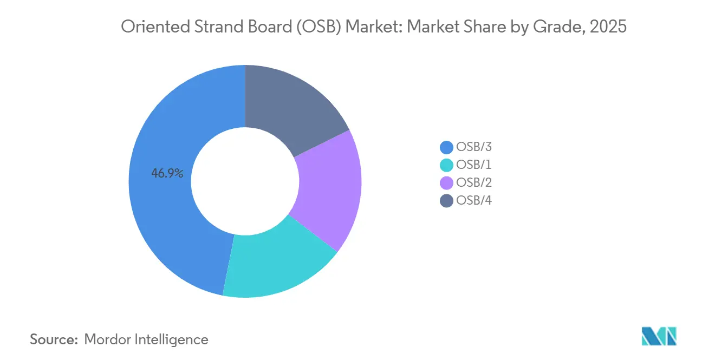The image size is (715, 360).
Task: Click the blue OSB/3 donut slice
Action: pyautogui.click(x=162, y=217)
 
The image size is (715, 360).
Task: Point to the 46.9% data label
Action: pyautogui.click(x=167, y=174)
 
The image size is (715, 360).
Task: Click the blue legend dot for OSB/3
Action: pyautogui.click(x=447, y=147)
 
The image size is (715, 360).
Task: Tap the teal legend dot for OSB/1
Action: pyautogui.click(x=447, y=165)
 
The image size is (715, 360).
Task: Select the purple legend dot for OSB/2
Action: pyautogui.click(x=447, y=183)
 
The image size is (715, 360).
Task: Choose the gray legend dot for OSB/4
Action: pyautogui.click(x=447, y=201)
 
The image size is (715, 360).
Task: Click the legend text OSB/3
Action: pyautogui.click(x=474, y=147)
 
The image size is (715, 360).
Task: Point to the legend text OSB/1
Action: pyautogui.click(x=474, y=165)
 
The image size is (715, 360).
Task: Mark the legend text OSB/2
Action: pyautogui.click(x=474, y=183)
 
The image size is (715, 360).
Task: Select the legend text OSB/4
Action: pyautogui.click(x=474, y=201)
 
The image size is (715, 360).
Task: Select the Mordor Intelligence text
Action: pyautogui.click(x=146, y=339)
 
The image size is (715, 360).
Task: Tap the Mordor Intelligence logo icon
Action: pyautogui.click(x=659, y=336)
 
